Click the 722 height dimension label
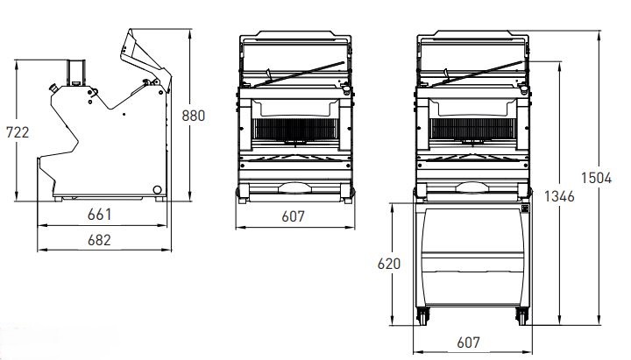point(18,132)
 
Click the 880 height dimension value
point(193,116)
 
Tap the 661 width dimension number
point(99,215)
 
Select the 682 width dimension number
point(99,240)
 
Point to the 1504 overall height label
point(596,178)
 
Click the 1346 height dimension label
point(559,196)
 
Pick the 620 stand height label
point(389,264)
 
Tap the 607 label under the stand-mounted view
point(468,342)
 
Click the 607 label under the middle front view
point(293,216)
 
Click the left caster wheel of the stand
point(422,316)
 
